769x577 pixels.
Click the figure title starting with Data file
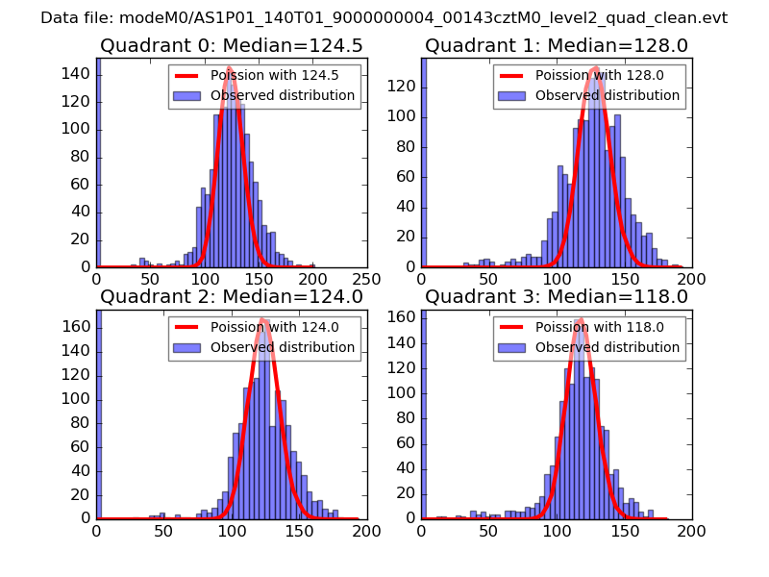(x=384, y=18)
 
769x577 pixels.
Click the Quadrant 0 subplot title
(x=231, y=45)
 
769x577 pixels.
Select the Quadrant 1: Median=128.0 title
(x=557, y=45)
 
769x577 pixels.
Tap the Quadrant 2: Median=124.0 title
(x=231, y=296)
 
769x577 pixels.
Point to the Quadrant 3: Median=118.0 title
(x=557, y=296)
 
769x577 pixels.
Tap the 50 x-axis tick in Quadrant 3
(x=489, y=530)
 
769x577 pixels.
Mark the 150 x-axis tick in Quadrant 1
(x=625, y=279)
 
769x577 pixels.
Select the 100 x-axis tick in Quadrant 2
(x=232, y=530)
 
